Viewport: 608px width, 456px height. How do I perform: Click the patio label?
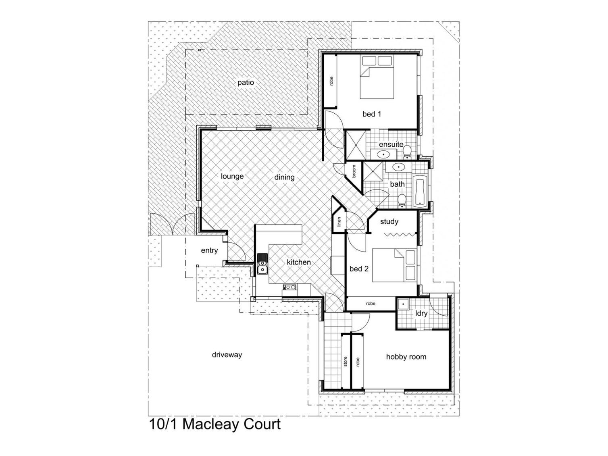pos(246,83)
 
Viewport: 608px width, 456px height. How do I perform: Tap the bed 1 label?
pos(372,114)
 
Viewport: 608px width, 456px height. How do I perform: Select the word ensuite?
pos(391,144)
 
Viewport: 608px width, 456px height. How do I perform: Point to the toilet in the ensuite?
pos(407,152)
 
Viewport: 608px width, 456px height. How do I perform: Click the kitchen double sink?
pos(262,263)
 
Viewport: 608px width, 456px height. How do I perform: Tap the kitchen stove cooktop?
pos(289,287)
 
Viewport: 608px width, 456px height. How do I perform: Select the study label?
pos(389,221)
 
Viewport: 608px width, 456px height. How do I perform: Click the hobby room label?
pos(406,357)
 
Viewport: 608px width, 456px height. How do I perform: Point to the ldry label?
pos(421,313)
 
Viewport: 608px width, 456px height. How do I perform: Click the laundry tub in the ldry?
pos(403,304)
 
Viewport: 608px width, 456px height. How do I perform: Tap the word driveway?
pos(227,355)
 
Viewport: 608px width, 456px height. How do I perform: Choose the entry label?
pos(209,250)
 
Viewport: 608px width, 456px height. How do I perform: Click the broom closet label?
pos(354,171)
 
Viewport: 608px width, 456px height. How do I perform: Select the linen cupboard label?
pos(339,222)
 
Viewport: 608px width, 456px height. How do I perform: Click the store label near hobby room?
pos(346,362)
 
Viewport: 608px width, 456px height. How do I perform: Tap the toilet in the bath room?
pos(402,200)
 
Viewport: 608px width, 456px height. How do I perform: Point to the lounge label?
pos(232,176)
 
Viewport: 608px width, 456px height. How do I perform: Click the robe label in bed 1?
pos(331,81)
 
